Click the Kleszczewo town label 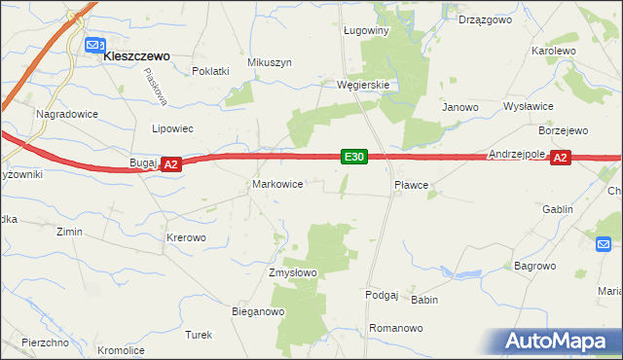pos(137,56)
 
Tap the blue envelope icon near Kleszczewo pos(94,46)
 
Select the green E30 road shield pos(353,157)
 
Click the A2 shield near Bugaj pos(170,165)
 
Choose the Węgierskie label pos(363,85)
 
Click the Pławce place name pos(411,183)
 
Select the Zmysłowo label pos(293,272)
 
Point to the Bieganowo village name pos(257,312)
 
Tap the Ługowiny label pos(366,30)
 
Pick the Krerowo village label pos(186,237)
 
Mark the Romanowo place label pos(396,328)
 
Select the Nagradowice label pos(64,114)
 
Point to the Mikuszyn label pos(270,62)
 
